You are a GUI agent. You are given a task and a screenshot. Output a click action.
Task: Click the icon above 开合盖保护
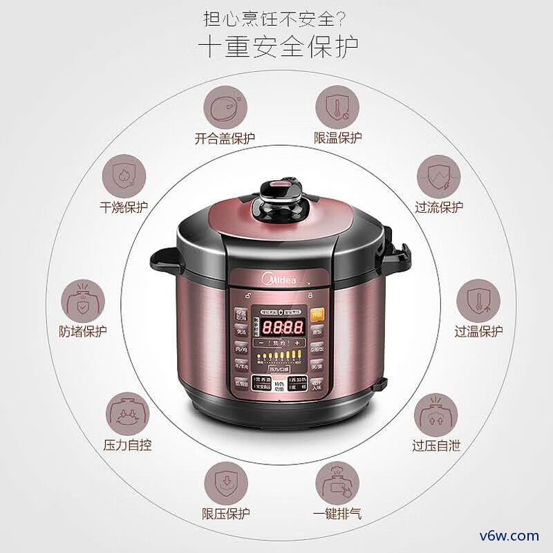click(225, 107)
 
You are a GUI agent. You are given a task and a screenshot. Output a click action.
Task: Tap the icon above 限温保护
click(337, 107)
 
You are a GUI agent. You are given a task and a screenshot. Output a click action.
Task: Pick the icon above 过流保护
click(439, 176)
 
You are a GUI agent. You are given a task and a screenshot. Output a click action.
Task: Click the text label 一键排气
click(337, 514)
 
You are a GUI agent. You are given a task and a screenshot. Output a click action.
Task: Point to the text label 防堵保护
click(83, 331)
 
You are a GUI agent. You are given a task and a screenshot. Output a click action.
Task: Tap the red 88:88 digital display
click(277, 326)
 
